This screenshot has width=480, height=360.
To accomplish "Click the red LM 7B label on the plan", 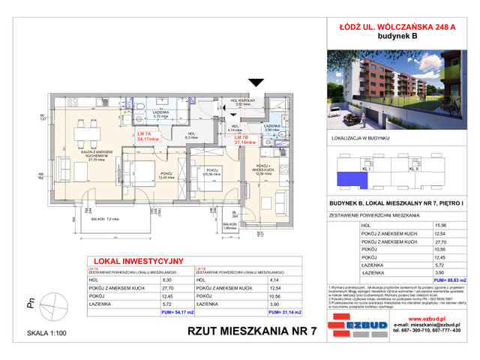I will coord(240,138).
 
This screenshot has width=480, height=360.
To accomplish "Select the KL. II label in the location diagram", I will coord(413,169).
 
